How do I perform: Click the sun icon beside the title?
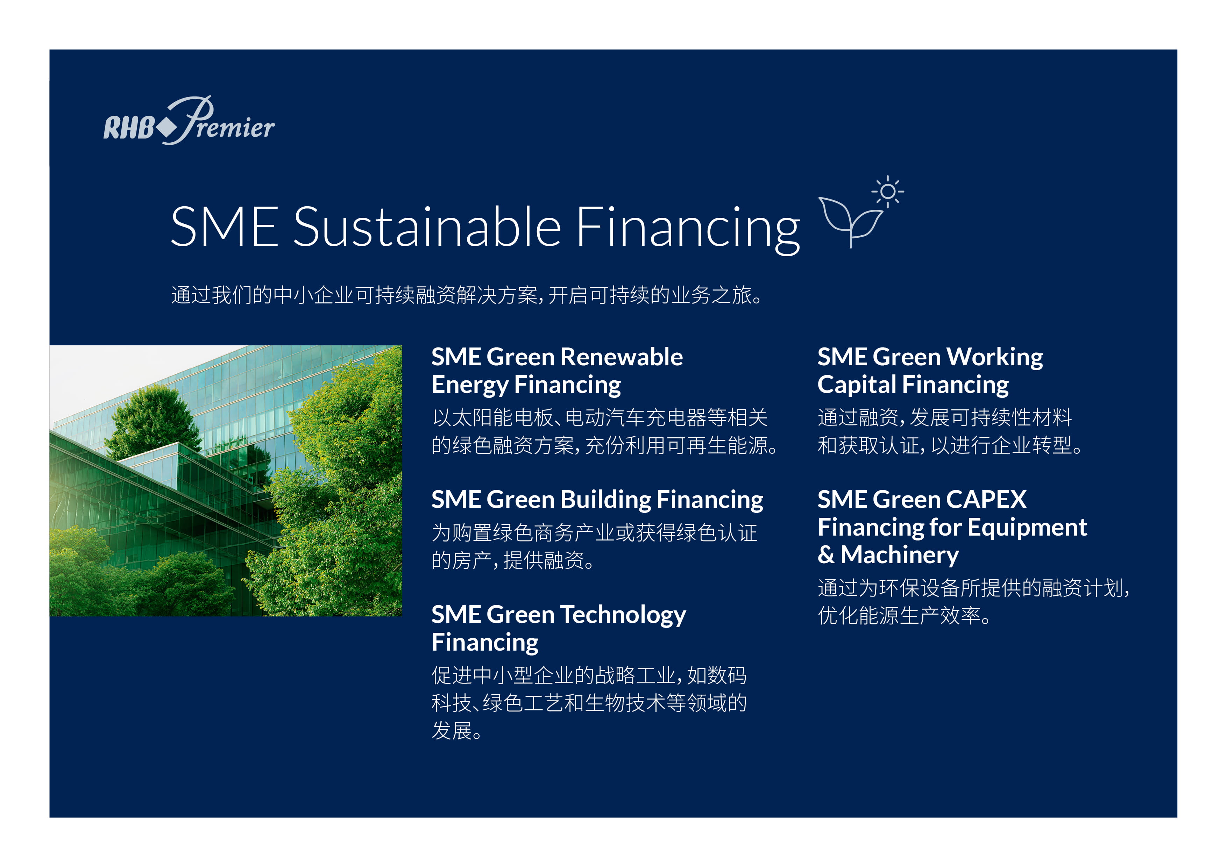888,191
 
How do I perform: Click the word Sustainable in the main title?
427,227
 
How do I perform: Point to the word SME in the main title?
225,227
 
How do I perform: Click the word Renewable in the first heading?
622,357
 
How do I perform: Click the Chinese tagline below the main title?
467,295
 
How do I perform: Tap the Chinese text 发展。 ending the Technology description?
457,731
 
